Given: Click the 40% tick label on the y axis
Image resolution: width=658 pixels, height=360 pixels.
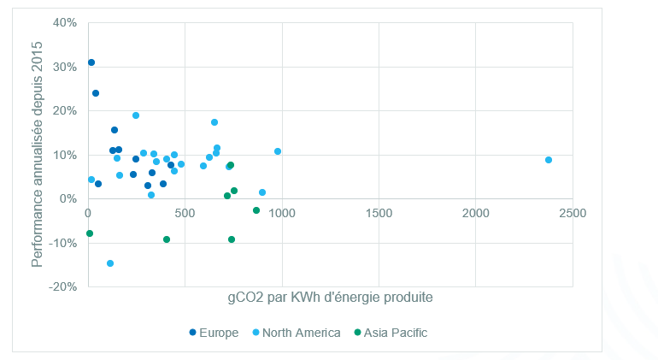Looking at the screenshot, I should click(x=66, y=22).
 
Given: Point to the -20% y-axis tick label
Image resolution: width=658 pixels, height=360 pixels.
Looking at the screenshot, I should click(x=64, y=287).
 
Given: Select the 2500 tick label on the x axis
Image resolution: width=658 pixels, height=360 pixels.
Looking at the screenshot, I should click(x=573, y=212).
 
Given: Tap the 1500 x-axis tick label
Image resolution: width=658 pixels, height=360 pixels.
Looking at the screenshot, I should click(x=379, y=212).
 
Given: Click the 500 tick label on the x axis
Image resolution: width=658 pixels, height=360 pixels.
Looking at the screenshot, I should click(x=185, y=212).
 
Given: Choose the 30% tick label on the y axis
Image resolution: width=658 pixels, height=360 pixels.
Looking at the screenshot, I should click(x=66, y=67).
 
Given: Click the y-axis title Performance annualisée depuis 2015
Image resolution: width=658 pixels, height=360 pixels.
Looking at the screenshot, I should click(x=38, y=154).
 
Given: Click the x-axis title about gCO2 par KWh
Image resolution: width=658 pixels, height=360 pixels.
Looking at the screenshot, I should click(x=330, y=298).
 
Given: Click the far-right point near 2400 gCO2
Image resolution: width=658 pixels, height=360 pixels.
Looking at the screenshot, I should click(x=549, y=160).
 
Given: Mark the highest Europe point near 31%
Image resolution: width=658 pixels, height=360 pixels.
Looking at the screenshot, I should click(x=91, y=62).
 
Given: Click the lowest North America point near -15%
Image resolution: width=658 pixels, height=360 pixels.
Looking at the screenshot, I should click(x=110, y=263).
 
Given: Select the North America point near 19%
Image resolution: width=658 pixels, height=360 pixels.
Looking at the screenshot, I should click(x=136, y=115).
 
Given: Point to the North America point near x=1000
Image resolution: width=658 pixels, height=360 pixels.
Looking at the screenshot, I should click(x=278, y=151).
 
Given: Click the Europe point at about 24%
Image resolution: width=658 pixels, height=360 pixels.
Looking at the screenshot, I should click(x=96, y=93).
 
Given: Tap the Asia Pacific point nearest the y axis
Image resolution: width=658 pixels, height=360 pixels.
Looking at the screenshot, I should click(x=90, y=233).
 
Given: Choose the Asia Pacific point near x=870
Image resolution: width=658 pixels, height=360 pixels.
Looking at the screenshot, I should click(x=256, y=210).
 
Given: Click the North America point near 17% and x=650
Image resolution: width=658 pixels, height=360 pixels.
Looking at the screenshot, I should click(x=214, y=122).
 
